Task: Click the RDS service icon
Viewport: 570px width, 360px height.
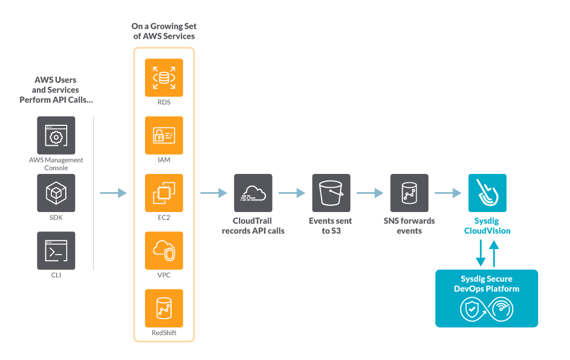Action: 164,77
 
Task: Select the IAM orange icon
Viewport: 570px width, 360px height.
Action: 164,135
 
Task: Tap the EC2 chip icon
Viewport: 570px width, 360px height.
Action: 164,193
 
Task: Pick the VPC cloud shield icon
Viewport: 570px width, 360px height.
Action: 164,251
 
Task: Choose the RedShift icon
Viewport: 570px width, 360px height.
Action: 164,308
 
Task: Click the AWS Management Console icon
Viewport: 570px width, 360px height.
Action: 56,135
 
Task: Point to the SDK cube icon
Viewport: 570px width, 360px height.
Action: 56,193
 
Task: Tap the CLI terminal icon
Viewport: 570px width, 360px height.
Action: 56,251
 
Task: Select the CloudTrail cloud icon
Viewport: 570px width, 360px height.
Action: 253,193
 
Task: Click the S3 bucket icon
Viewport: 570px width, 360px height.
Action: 331,193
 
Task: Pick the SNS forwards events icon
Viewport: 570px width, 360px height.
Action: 409,193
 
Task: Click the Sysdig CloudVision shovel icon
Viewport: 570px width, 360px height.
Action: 487,193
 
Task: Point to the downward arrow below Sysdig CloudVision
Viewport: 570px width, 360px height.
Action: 481,253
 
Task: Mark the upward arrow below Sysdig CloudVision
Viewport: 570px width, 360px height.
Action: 494,254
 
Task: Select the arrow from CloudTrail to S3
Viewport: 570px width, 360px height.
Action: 291,193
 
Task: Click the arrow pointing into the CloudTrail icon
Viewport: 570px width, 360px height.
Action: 214,193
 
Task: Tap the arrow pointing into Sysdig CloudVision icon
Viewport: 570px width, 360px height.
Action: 448,193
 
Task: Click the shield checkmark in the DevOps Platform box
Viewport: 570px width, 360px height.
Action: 471,309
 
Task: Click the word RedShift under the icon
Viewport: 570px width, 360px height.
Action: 164,333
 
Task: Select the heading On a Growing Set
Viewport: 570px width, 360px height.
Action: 164,26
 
